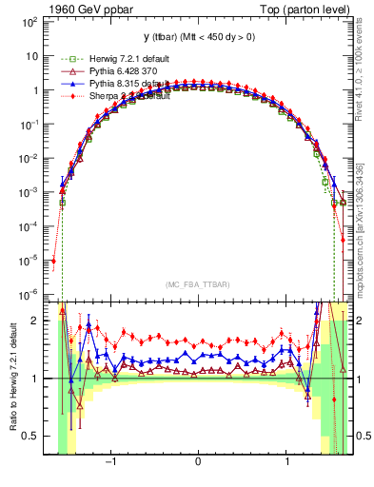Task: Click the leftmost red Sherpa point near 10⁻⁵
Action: (54, 261)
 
